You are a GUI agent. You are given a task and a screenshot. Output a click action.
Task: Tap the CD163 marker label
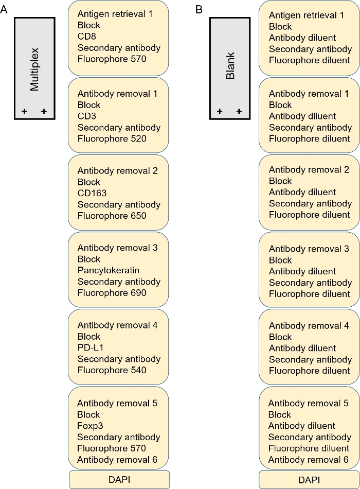pos(89,193)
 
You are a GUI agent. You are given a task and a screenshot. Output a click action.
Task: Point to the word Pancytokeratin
pos(108,270)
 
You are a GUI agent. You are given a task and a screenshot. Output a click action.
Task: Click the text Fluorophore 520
pos(112,138)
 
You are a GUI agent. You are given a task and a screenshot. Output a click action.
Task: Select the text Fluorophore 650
pos(112,216)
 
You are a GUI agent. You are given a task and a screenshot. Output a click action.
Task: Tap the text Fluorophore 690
pos(112,293)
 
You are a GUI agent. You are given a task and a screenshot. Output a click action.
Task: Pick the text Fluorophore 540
pos(112,370)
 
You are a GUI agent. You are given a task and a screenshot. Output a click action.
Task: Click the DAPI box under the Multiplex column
pos(119,480)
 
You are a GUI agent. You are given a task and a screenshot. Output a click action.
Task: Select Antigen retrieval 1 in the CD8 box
pos(115,14)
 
